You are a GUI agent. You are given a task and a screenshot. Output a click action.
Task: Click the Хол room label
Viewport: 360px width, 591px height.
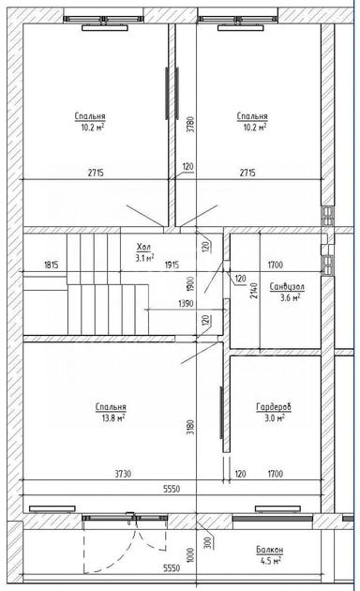click(x=143, y=248)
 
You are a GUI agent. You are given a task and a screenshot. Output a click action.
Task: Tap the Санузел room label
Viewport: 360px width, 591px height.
click(x=287, y=287)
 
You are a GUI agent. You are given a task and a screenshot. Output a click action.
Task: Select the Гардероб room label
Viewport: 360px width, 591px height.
click(x=274, y=407)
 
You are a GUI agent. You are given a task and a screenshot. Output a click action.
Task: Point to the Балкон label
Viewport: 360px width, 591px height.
click(x=270, y=550)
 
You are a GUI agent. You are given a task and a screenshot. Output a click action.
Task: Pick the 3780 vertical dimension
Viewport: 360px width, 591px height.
click(x=191, y=124)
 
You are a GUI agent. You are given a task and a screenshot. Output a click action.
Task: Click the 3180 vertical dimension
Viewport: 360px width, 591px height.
click(x=191, y=428)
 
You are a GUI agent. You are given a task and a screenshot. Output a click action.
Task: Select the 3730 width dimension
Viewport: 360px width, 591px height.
click(x=123, y=474)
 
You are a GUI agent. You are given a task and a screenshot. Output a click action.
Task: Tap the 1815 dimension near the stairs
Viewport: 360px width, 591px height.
click(x=52, y=265)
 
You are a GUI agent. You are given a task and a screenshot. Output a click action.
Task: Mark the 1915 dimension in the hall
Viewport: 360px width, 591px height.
click(x=172, y=265)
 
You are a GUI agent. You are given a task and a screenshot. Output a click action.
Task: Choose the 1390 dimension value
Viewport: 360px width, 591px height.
click(x=185, y=303)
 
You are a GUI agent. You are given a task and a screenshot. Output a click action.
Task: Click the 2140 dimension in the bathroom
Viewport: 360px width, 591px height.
click(x=255, y=291)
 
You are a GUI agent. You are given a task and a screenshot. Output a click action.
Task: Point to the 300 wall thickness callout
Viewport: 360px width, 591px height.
click(x=208, y=541)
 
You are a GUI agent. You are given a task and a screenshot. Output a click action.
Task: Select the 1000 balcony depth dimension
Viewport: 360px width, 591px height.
click(x=191, y=554)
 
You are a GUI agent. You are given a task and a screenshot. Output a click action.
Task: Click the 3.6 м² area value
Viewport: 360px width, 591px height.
click(x=290, y=297)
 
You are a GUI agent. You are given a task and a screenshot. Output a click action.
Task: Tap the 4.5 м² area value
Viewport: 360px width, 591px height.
click(x=271, y=561)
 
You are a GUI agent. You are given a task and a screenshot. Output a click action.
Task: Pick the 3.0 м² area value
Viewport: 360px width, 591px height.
click(x=274, y=417)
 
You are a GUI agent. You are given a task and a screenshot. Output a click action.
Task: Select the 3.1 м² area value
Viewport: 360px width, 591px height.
click(x=144, y=258)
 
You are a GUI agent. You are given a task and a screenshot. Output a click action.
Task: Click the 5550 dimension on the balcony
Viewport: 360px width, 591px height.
click(x=172, y=568)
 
